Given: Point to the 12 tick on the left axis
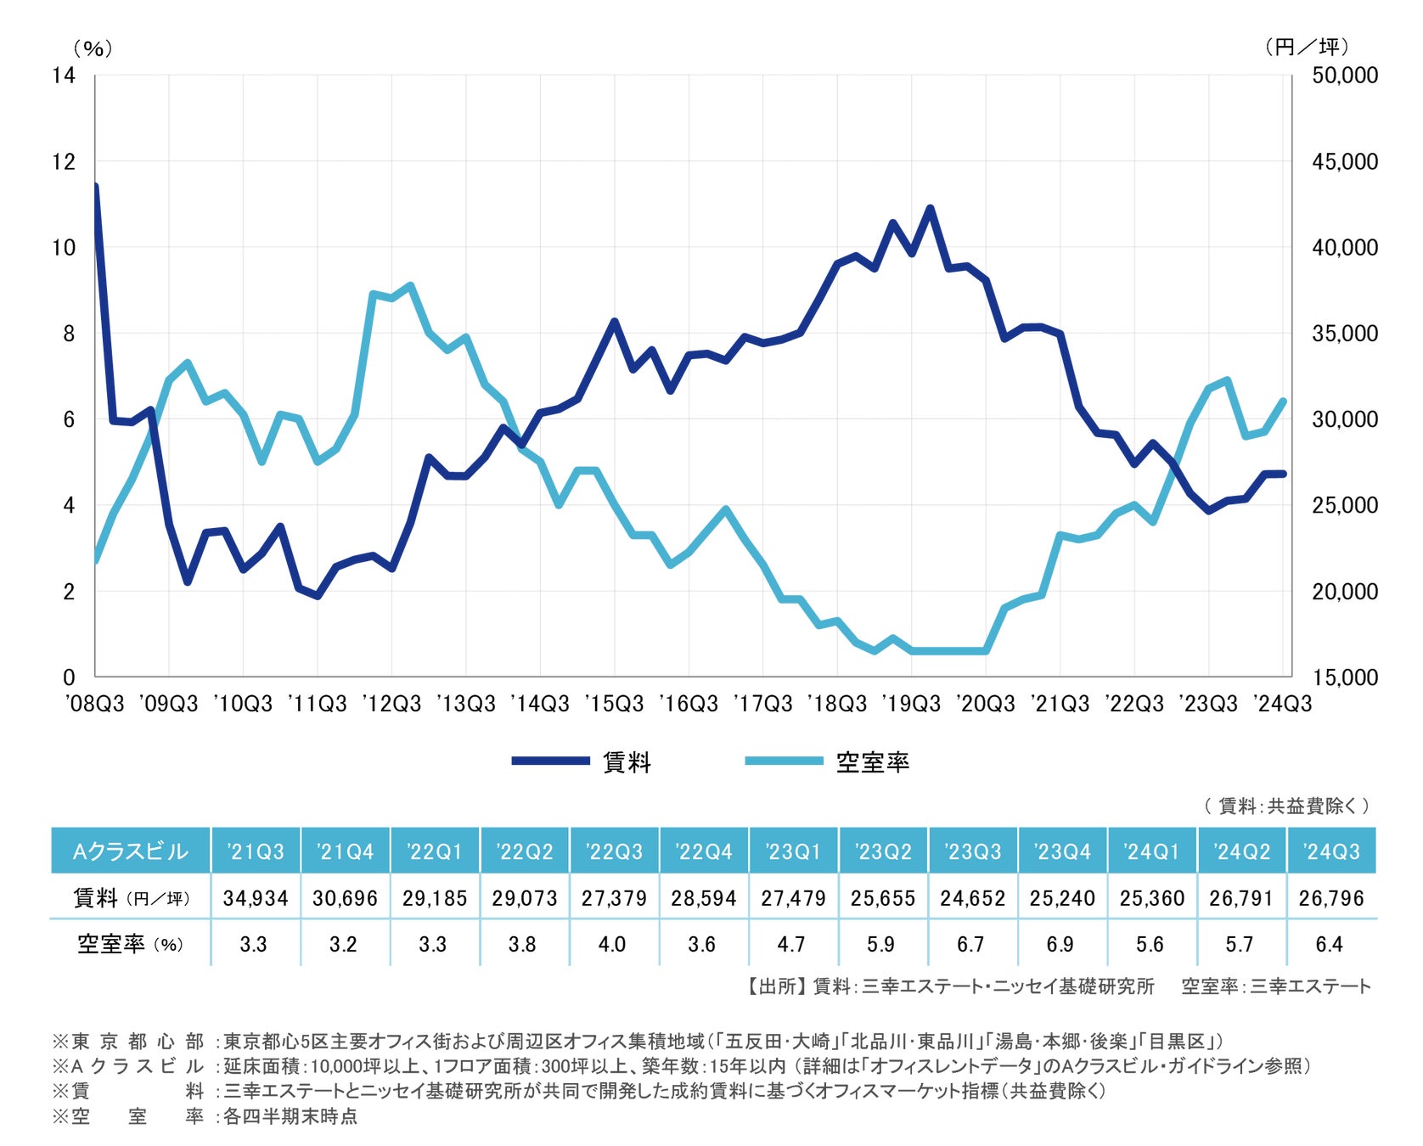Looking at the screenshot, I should pos(64,161).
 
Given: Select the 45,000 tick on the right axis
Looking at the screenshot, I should pos(1345,161).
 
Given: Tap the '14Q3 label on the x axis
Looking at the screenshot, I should pos(540,704).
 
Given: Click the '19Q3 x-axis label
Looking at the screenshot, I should pos(911,704).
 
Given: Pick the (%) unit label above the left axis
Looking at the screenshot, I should pos(93,48).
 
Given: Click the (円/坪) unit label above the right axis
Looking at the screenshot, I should pos(1307,47).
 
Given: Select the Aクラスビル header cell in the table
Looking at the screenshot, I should pos(131,851).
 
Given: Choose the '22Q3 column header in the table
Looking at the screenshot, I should pos(614,851).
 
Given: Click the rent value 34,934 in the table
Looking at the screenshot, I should pos(256,898).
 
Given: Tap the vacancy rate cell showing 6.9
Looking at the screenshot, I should pos(1060,944).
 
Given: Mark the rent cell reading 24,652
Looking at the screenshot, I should pos(972,898).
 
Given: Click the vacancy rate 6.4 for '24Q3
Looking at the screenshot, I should pos(1329,944).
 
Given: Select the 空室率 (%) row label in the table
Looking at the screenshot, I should pos(131,944).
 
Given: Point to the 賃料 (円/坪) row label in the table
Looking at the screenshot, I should pos(131,898).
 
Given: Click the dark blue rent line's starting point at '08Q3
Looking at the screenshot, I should pos(95,186).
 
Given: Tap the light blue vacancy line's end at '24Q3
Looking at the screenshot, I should pos(1283,401).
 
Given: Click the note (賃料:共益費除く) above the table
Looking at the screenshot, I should pos(1286,806).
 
